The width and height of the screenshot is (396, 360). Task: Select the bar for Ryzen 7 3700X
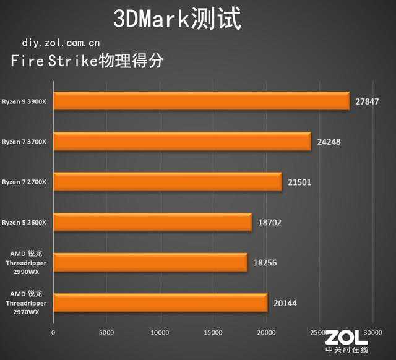(183, 142)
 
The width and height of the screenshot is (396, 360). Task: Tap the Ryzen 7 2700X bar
(168, 182)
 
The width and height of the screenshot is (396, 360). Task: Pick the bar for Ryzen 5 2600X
(153, 222)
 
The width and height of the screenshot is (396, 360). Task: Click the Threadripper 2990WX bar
(150, 262)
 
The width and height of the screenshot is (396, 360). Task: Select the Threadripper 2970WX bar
(160, 302)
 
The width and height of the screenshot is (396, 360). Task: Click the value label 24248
(329, 142)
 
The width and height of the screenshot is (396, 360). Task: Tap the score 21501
(300, 182)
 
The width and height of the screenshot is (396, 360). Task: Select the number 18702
(270, 222)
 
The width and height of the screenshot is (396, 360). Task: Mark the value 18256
(265, 262)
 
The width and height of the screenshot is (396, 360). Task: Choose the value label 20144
(285, 302)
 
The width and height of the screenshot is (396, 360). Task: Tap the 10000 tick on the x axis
(160, 333)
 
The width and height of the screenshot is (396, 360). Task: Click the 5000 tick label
(107, 333)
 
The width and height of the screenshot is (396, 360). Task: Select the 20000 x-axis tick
(267, 333)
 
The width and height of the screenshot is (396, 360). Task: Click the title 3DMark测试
(177, 19)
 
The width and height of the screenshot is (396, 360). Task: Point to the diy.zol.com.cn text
(61, 43)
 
